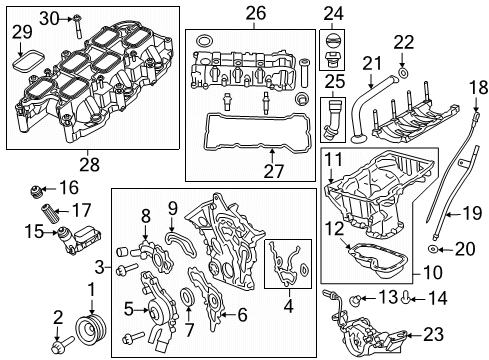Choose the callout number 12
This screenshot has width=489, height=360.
[332, 230]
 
